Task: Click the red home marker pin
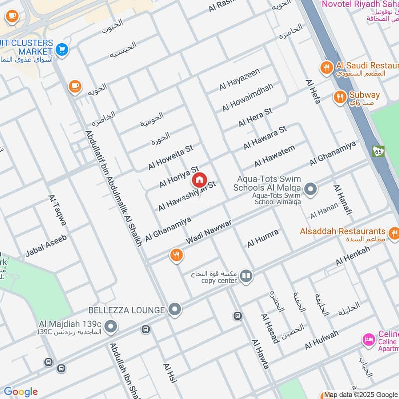[199, 179]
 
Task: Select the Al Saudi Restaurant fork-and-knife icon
[327, 68]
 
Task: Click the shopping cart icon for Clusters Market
[62, 49]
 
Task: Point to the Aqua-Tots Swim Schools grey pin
[311, 189]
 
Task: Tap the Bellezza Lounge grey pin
[174, 310]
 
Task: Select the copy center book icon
[246, 276]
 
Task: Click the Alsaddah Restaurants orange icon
[394, 232]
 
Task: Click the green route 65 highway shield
[377, 150]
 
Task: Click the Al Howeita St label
[170, 157]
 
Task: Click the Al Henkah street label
[353, 255]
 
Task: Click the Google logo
[20, 392]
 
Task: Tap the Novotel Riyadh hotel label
[360, 4]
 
